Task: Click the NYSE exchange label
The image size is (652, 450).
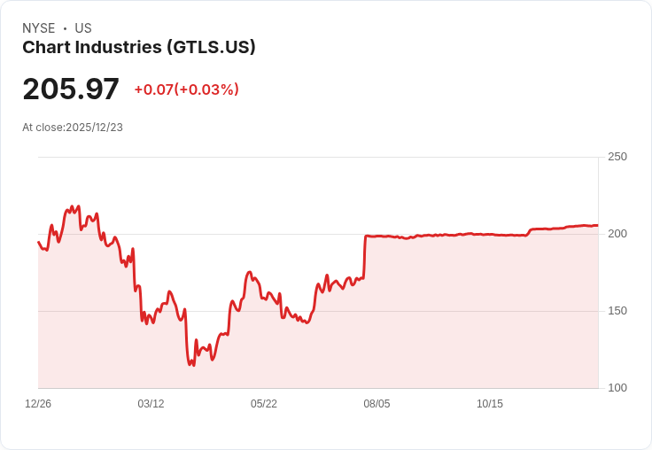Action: click(x=39, y=28)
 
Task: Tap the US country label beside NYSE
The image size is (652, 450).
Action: click(x=83, y=28)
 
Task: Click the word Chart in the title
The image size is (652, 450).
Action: click(x=46, y=47)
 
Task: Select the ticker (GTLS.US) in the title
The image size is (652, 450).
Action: click(x=211, y=47)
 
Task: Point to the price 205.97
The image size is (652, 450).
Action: click(x=71, y=89)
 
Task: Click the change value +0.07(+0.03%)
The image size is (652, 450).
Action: click(x=186, y=89)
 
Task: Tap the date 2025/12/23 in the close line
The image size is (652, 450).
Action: click(x=95, y=128)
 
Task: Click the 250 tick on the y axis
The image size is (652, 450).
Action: click(x=617, y=157)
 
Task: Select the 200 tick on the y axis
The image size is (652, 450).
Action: click(x=617, y=234)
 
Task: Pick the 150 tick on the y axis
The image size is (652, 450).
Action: click(x=617, y=311)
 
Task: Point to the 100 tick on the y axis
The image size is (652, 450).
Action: click(x=617, y=388)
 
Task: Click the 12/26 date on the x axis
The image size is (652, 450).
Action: click(x=38, y=403)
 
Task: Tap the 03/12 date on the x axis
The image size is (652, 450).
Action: click(x=151, y=403)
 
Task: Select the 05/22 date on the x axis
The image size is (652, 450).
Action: click(x=264, y=403)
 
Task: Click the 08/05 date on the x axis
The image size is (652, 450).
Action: click(x=376, y=403)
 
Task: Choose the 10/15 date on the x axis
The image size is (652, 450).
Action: click(x=490, y=403)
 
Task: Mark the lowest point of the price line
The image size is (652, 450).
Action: click(x=193, y=365)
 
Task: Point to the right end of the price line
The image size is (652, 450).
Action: click(x=598, y=225)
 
